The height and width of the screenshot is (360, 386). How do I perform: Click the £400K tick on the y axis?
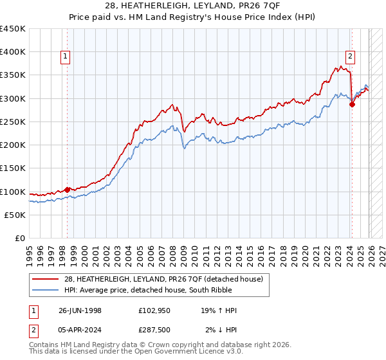13,52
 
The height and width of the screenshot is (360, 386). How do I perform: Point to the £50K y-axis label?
15,215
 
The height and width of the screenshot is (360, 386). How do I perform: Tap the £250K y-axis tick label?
13,122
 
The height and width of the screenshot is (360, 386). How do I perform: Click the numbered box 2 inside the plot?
350,56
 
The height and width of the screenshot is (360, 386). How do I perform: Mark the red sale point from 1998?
68,190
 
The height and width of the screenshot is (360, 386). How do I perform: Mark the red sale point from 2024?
352,104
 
